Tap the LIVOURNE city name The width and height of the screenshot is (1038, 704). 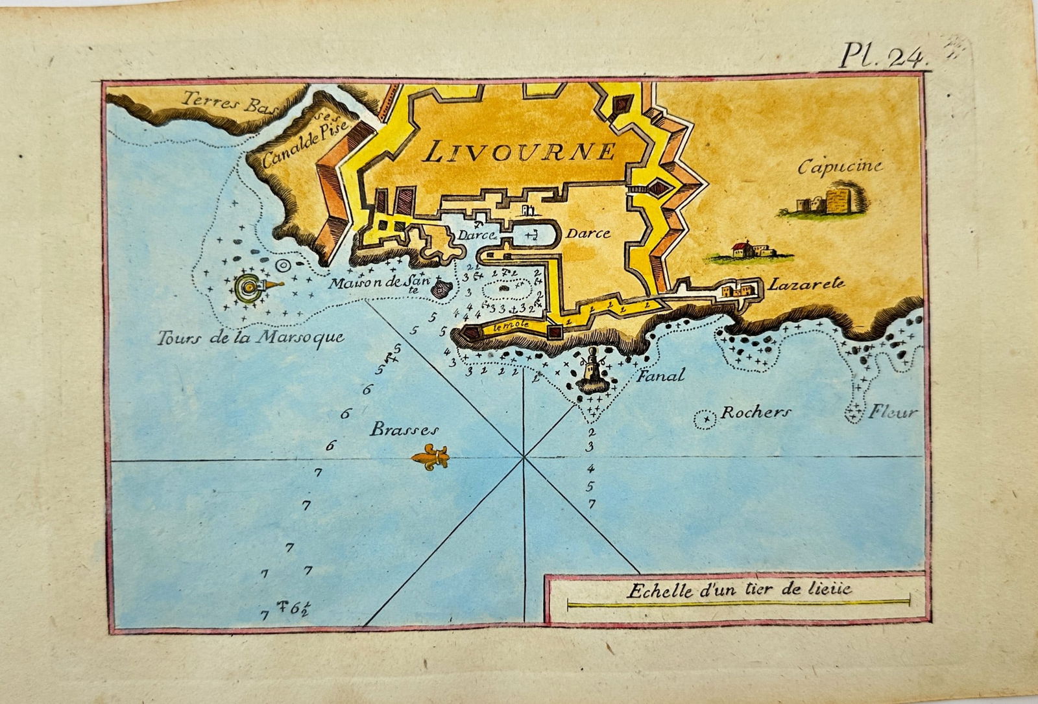[x=519, y=152]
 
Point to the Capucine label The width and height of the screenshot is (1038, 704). [x=839, y=166]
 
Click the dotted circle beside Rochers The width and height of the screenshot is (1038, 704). [x=704, y=420]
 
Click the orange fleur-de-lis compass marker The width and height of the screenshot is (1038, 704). [x=430, y=457]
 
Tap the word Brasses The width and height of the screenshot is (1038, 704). [x=404, y=429]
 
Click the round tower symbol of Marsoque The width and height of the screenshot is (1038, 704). [x=248, y=287]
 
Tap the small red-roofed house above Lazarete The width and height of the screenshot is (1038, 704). [x=740, y=250]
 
